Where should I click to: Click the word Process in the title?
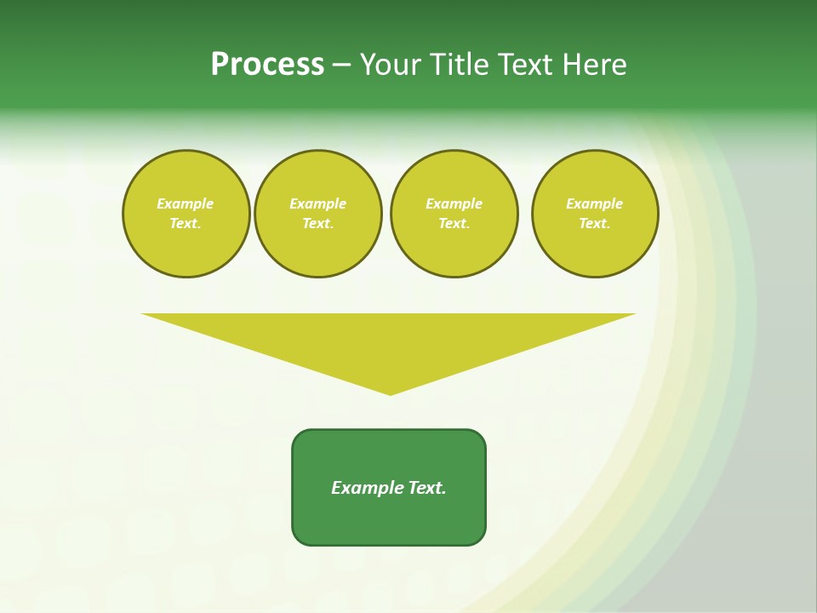click(x=267, y=65)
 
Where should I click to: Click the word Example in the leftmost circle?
click(x=186, y=203)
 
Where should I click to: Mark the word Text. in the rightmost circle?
click(x=595, y=223)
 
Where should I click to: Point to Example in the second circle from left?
click(x=317, y=203)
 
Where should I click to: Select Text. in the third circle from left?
click(x=454, y=223)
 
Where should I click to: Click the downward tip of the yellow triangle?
click(x=390, y=392)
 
